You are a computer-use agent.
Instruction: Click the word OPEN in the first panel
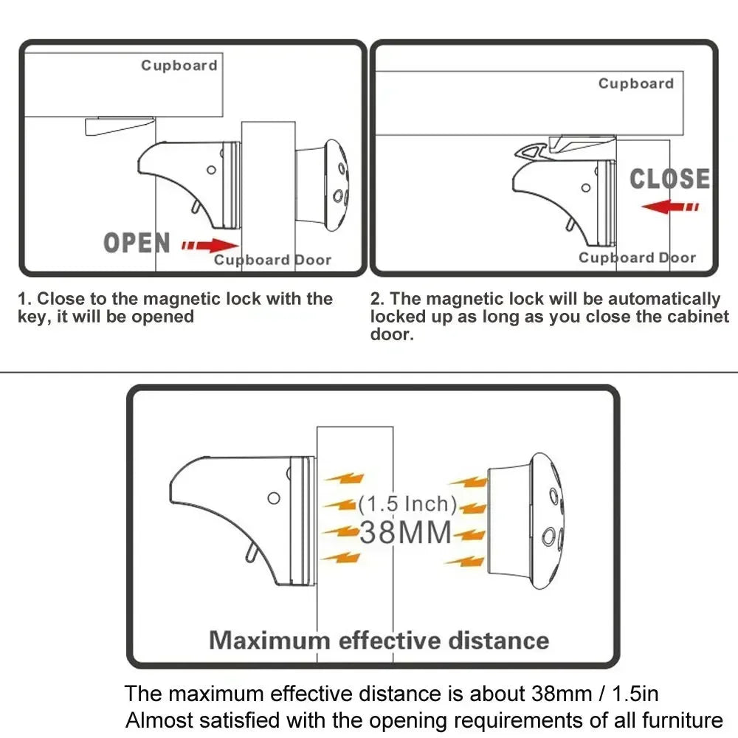coord(137,243)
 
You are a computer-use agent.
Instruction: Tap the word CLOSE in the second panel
coord(669,179)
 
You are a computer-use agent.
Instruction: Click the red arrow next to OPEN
coord(210,245)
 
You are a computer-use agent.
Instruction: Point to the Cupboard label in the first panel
coord(179,66)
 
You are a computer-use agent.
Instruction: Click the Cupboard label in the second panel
coord(636,83)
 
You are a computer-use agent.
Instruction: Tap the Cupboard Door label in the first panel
coord(272,260)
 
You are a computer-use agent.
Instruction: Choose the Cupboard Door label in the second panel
coord(637,258)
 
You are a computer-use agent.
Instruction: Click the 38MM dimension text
coord(405,533)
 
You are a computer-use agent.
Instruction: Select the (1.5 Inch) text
coord(407,505)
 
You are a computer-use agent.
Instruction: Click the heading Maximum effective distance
coord(379,640)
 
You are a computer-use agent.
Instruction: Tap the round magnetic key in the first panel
coord(325,182)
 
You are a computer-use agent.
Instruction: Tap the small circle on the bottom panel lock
coord(274,498)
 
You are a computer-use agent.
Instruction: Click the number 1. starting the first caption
coord(25,300)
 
